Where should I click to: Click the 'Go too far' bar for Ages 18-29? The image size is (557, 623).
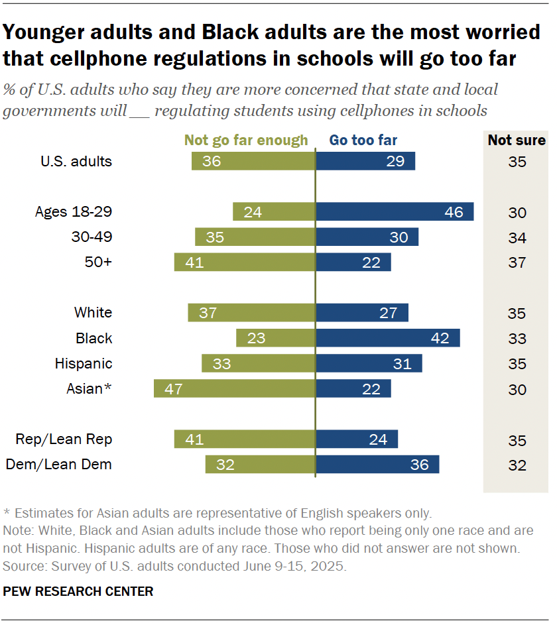click(x=395, y=211)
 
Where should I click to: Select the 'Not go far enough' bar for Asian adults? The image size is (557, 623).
click(x=234, y=388)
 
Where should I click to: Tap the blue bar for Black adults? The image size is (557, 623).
click(x=388, y=338)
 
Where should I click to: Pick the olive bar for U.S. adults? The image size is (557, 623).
click(x=253, y=161)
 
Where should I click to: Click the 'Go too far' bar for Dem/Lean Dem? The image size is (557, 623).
click(x=377, y=464)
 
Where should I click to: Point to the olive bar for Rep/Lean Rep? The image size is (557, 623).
click(x=245, y=439)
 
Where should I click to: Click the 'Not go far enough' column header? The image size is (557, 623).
click(x=246, y=140)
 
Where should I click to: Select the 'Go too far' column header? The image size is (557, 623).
click(x=363, y=140)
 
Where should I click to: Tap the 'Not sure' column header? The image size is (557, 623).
click(x=517, y=140)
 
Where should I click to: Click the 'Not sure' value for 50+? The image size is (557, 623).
click(x=517, y=262)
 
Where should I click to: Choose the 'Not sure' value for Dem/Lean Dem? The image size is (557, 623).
click(x=517, y=465)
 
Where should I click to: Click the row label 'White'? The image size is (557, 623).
click(x=93, y=313)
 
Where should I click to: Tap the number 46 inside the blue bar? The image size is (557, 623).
click(x=454, y=212)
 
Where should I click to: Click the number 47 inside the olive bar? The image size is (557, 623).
click(x=174, y=389)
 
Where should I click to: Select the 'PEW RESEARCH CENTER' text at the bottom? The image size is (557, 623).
click(x=78, y=591)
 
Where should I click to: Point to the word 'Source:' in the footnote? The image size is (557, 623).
click(x=23, y=567)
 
